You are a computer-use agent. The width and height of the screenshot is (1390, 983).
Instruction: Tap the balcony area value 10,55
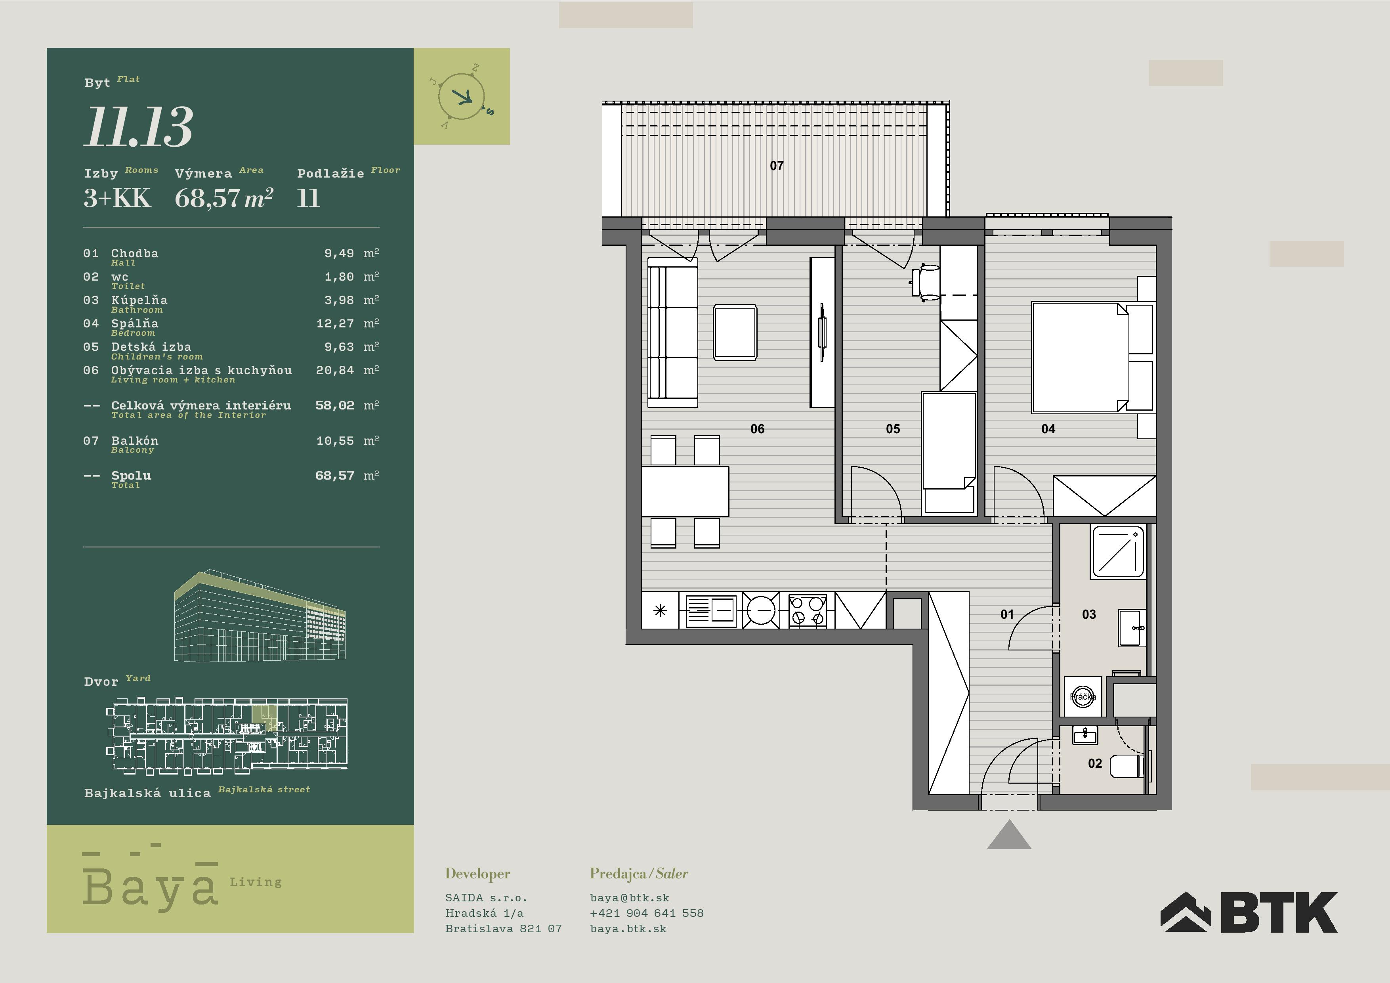tap(335, 441)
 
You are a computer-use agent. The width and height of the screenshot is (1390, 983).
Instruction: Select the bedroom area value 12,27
tap(335, 323)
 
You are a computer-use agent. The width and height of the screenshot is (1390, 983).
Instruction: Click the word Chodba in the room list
tap(134, 253)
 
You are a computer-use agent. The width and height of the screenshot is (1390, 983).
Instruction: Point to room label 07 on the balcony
tap(777, 165)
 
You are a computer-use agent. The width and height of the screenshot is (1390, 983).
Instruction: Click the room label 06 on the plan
tap(757, 429)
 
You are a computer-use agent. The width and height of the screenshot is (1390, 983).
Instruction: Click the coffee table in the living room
tap(735, 333)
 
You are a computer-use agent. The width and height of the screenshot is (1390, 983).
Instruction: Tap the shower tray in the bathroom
tap(1118, 551)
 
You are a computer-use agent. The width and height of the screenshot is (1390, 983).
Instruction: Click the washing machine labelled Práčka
tap(1083, 696)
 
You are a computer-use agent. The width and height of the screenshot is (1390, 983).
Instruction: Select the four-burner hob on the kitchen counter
tap(808, 610)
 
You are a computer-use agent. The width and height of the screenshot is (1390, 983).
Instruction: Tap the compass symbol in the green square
tap(461, 97)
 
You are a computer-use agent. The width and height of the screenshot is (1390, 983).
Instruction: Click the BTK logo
tap(1248, 912)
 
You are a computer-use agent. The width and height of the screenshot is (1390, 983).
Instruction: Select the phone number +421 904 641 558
tap(647, 913)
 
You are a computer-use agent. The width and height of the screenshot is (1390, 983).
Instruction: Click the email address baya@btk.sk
tap(630, 898)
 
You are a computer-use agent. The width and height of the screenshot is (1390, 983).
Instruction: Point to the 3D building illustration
tap(260, 615)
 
